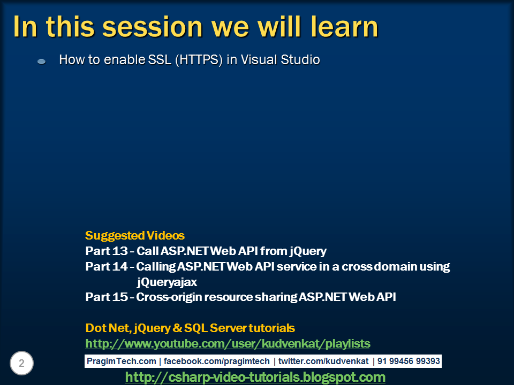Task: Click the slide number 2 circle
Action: pyautogui.click(x=22, y=364)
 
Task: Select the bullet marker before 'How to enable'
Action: pyautogui.click(x=41, y=61)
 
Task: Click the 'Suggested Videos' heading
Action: pyautogui.click(x=135, y=235)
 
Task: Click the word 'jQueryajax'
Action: pyautogui.click(x=167, y=282)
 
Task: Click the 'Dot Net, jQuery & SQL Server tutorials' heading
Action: pyautogui.click(x=190, y=328)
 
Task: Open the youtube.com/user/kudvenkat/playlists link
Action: pyautogui.click(x=228, y=343)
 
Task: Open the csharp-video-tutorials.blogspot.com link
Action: pyautogui.click(x=255, y=378)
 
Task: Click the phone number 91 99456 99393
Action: pyautogui.click(x=408, y=361)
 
